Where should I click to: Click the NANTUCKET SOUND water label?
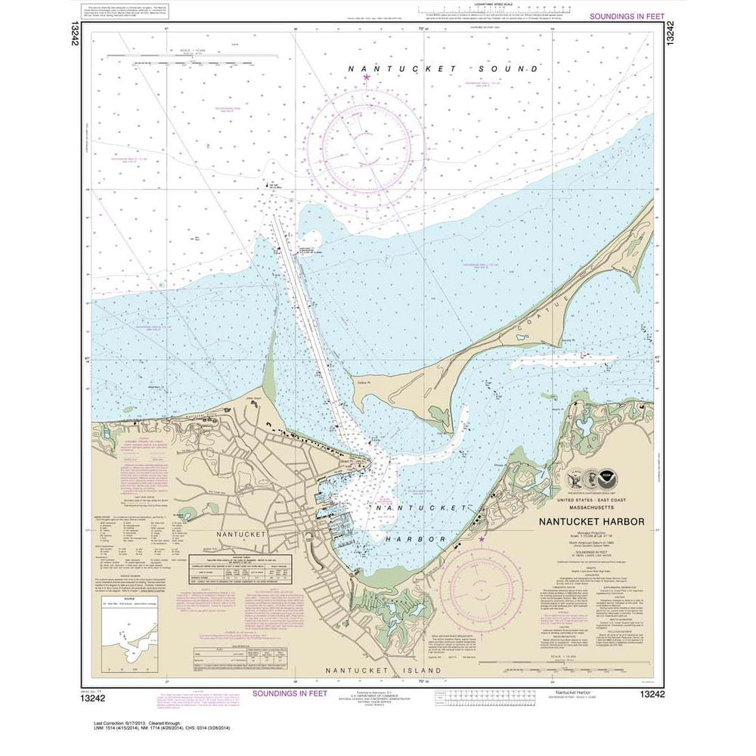(x=443, y=69)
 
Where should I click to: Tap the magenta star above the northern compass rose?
(x=367, y=77)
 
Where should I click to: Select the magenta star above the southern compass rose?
(x=482, y=539)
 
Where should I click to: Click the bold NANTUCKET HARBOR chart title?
(x=591, y=522)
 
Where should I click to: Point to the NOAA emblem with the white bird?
(x=607, y=478)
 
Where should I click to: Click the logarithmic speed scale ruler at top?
(x=491, y=11)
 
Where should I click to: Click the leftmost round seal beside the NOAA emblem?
(x=575, y=478)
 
